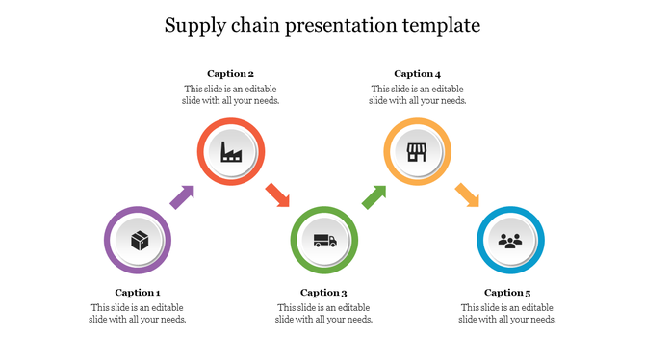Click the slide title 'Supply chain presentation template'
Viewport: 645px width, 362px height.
(x=322, y=25)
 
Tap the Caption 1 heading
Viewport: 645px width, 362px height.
(x=138, y=293)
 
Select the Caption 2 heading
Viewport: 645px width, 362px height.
(x=231, y=74)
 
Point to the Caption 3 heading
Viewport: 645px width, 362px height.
(x=323, y=293)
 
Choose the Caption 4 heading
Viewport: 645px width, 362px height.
(x=418, y=74)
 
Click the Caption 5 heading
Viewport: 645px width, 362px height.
(x=507, y=293)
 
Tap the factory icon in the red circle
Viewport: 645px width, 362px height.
(x=231, y=151)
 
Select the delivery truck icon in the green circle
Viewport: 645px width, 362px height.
(x=324, y=240)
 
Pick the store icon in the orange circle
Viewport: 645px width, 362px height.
(x=417, y=151)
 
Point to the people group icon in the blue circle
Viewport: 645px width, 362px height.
(x=510, y=240)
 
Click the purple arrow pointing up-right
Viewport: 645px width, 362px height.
(x=182, y=196)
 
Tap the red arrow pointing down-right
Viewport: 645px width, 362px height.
(x=277, y=194)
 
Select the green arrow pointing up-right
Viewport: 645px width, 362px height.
(x=374, y=196)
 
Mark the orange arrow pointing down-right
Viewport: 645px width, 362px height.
(x=467, y=194)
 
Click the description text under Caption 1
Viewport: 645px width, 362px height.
(x=138, y=314)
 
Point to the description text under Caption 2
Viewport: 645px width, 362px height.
(x=231, y=94)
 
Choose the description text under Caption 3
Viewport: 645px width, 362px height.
(x=324, y=314)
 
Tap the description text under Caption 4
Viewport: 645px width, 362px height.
(x=418, y=94)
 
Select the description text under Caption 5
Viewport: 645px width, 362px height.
(x=507, y=314)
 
